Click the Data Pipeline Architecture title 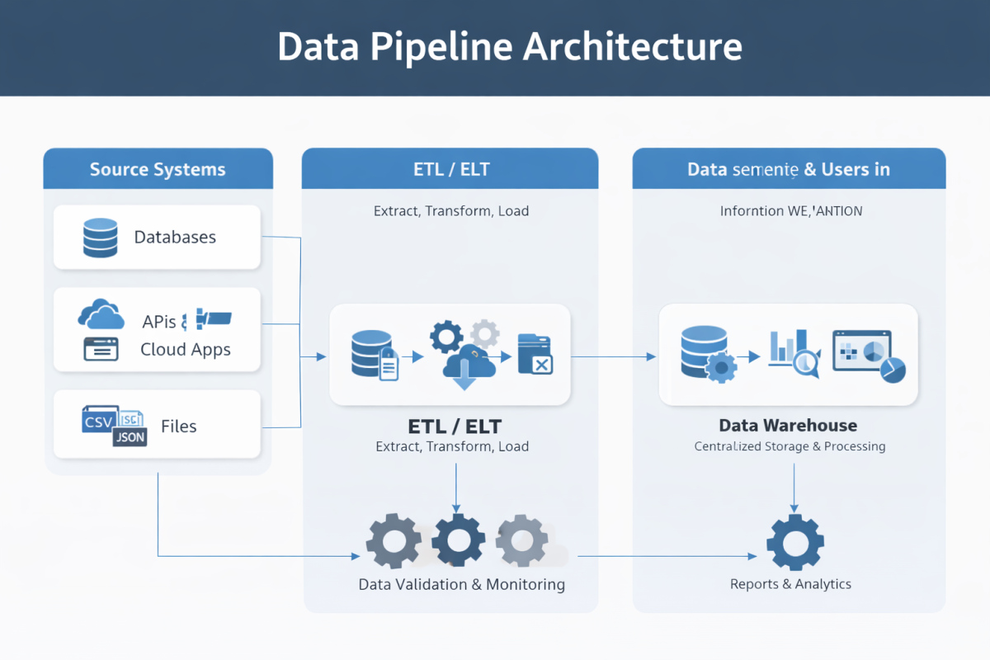pos(510,46)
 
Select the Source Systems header pos(158,170)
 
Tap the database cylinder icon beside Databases pos(100,238)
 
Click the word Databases pos(175,238)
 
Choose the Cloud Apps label pos(186,349)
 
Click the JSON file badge pos(130,437)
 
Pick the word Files pos(179,427)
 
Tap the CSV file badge pos(98,422)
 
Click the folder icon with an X pos(535,355)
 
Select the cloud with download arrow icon pos(467,368)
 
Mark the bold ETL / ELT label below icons pos(455,427)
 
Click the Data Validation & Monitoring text pos(462,584)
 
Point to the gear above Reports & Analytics pos(794,542)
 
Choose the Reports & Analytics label pos(790,584)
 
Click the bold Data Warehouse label pos(788,426)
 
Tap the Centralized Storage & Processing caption pos(790,446)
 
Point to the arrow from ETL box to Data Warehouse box pos(614,356)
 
